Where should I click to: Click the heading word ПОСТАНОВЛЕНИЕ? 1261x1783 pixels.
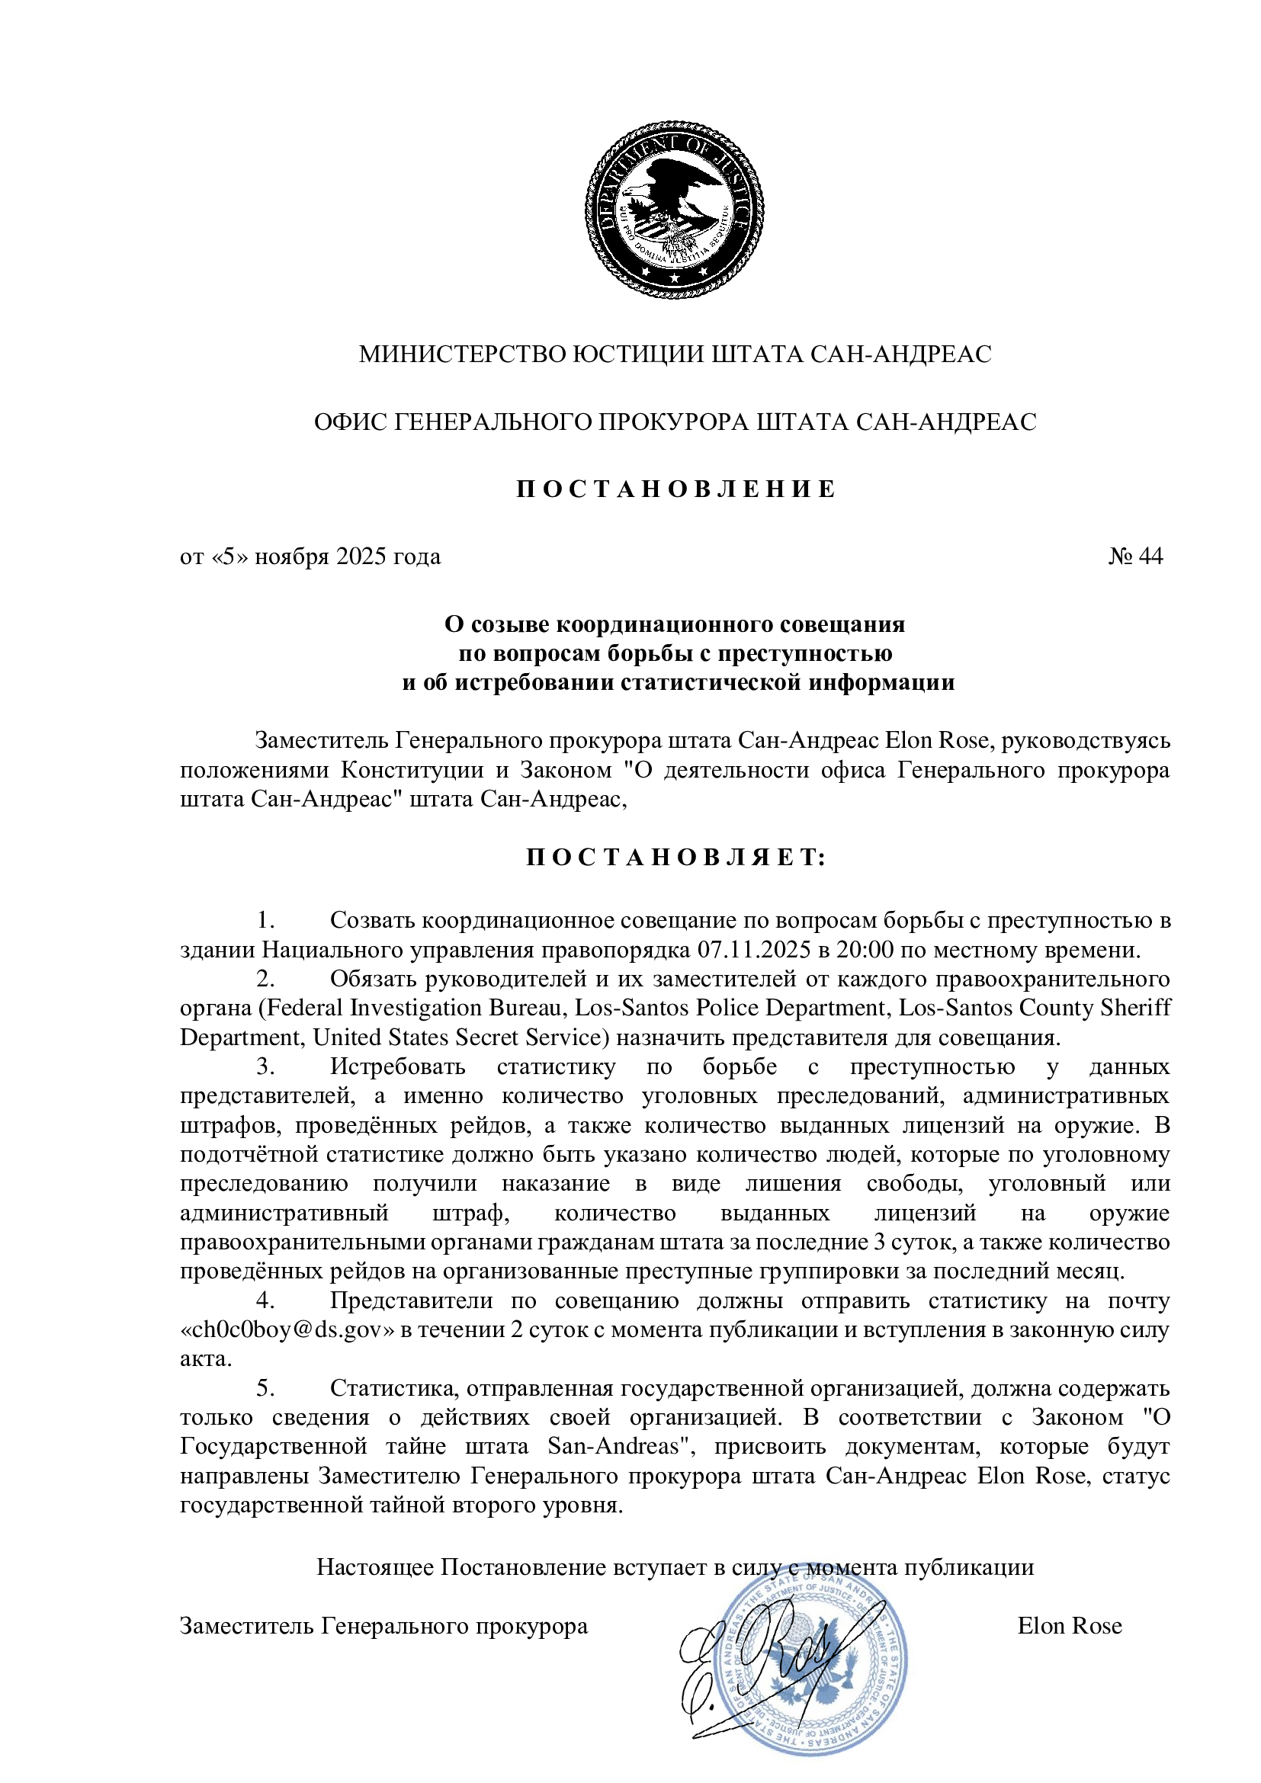coord(675,489)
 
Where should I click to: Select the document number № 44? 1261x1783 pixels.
coord(1135,556)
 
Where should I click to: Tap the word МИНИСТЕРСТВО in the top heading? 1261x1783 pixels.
coord(463,354)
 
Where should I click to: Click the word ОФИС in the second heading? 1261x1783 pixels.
coord(349,422)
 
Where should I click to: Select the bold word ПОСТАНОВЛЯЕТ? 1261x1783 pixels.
coord(675,858)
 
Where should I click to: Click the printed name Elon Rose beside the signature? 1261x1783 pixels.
coord(1069,1626)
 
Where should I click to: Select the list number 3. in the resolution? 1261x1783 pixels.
coord(265,1067)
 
